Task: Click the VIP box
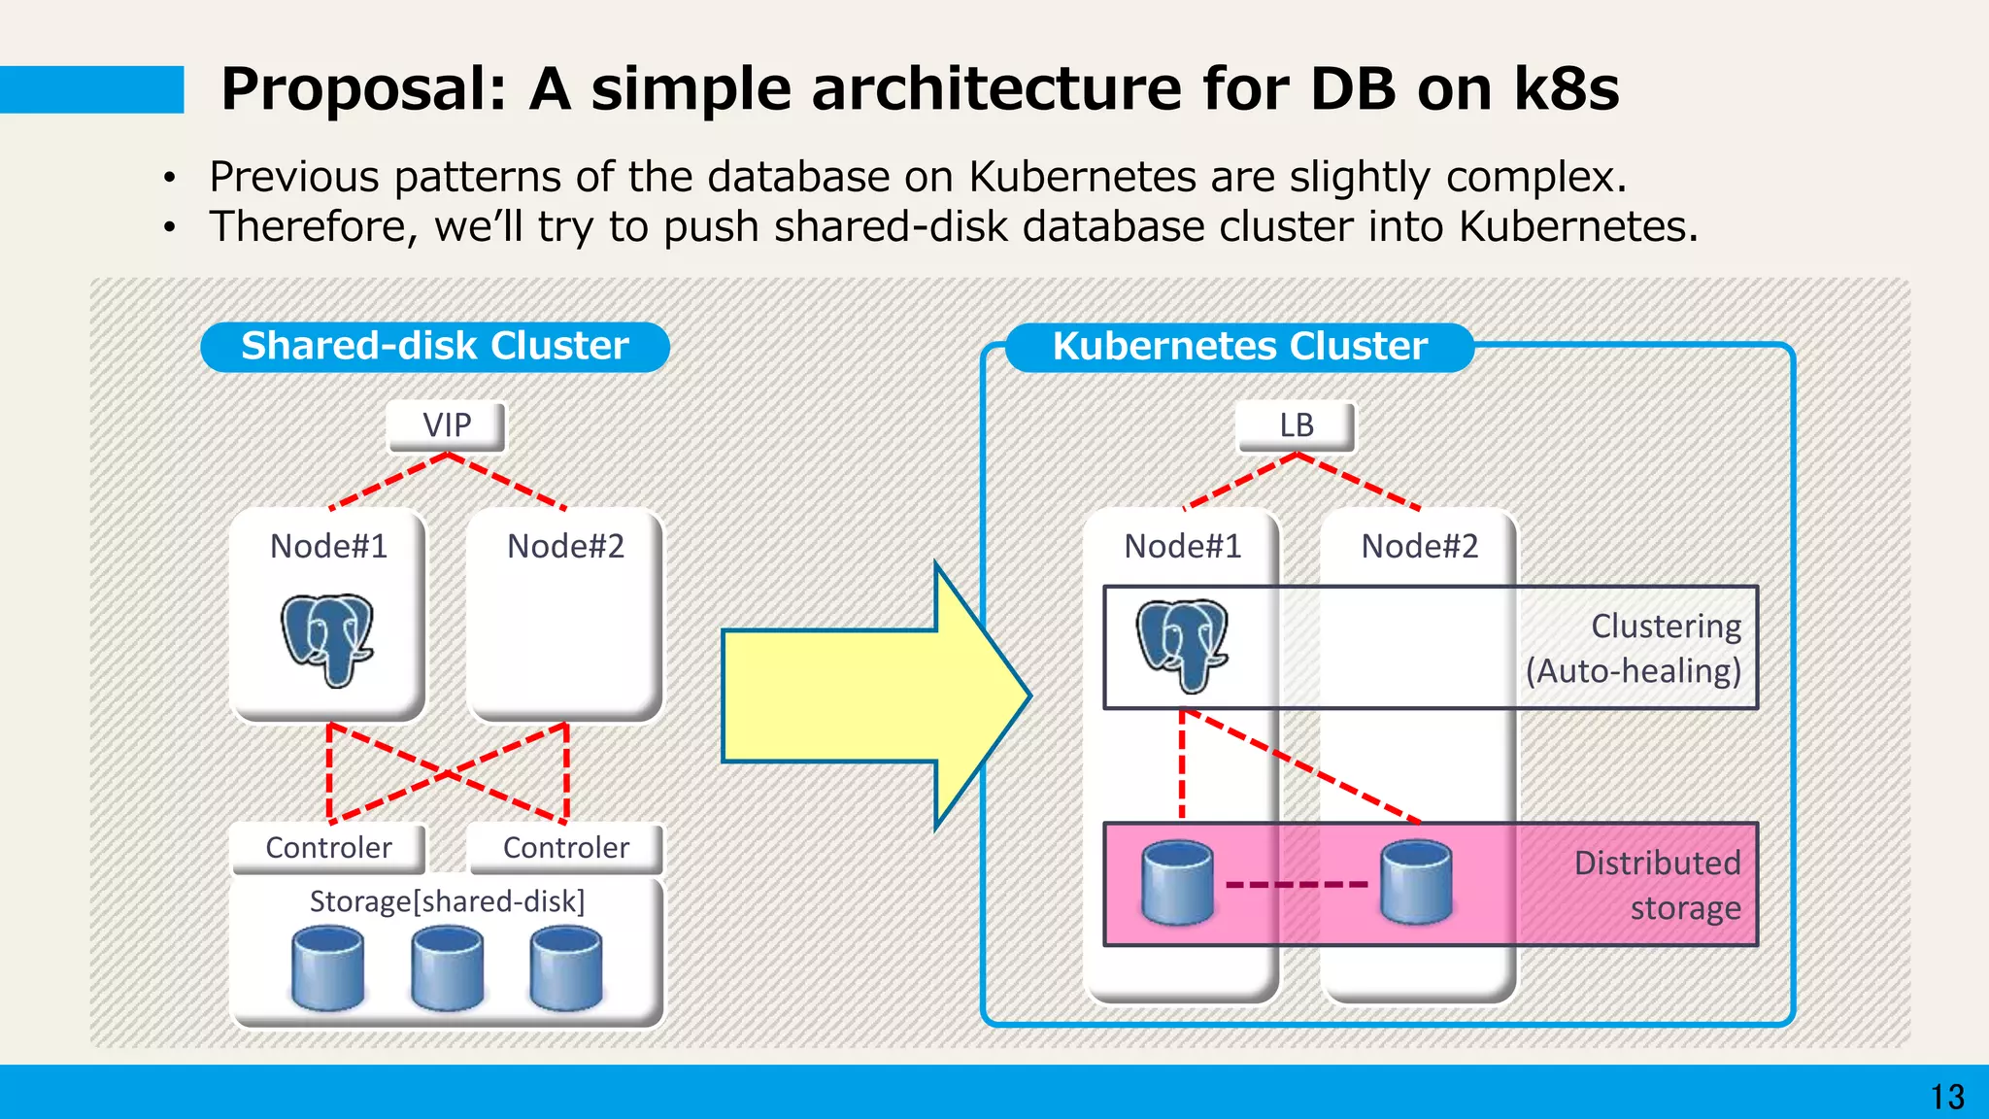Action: coord(447,425)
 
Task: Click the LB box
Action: coord(1296,425)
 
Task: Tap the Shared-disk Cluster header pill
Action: coord(434,347)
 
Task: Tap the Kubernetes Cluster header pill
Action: coord(1239,347)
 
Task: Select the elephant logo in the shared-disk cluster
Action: coord(328,639)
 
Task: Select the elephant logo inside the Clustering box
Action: coord(1183,645)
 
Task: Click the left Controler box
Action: coord(328,848)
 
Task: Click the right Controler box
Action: coord(566,848)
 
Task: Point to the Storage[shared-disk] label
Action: coord(447,901)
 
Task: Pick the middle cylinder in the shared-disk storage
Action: coord(447,967)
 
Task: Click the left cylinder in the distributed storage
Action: coord(1177,882)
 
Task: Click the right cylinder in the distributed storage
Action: coord(1416,882)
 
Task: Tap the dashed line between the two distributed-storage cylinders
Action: coord(1297,884)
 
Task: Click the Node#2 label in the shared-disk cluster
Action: coord(565,546)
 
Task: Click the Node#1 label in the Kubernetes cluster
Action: coord(1182,546)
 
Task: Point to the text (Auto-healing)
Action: coord(1634,671)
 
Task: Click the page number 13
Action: coord(1946,1097)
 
